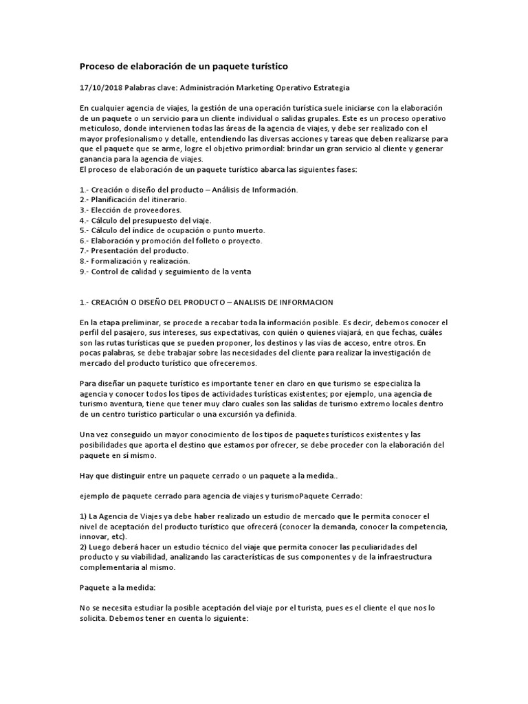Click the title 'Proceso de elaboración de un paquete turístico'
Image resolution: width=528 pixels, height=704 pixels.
[x=184, y=67]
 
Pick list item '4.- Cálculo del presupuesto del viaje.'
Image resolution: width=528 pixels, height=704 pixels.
[x=141, y=220]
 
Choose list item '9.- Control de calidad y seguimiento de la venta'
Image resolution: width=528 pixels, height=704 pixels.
[x=165, y=272]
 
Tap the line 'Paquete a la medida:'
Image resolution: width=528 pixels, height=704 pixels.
[x=119, y=588]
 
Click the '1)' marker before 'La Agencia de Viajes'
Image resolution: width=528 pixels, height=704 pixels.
[x=84, y=516]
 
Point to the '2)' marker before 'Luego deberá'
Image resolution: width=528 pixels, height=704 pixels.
[x=84, y=547]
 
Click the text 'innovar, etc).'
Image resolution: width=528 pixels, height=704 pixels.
[x=104, y=537]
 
